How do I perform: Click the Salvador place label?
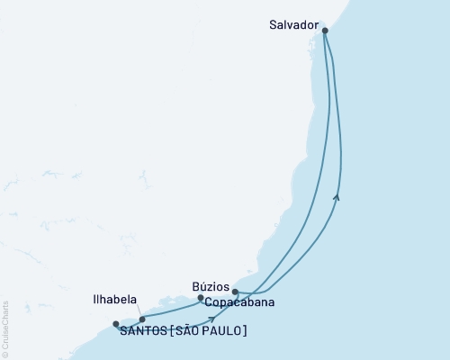tap(294, 26)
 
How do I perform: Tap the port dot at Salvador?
tap(325, 31)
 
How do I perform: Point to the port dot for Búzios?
tap(201, 297)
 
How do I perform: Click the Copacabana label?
tap(239, 303)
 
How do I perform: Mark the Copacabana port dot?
tap(235, 292)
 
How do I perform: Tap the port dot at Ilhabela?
tap(142, 319)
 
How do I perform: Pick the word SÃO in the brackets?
tap(186, 331)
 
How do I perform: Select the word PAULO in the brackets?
tap(222, 331)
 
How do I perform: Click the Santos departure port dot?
tap(116, 324)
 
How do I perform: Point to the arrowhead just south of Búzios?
tap(212, 318)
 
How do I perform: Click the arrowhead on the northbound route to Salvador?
tap(337, 195)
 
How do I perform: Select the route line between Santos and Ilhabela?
tap(129, 322)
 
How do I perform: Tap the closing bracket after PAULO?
tap(245, 331)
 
